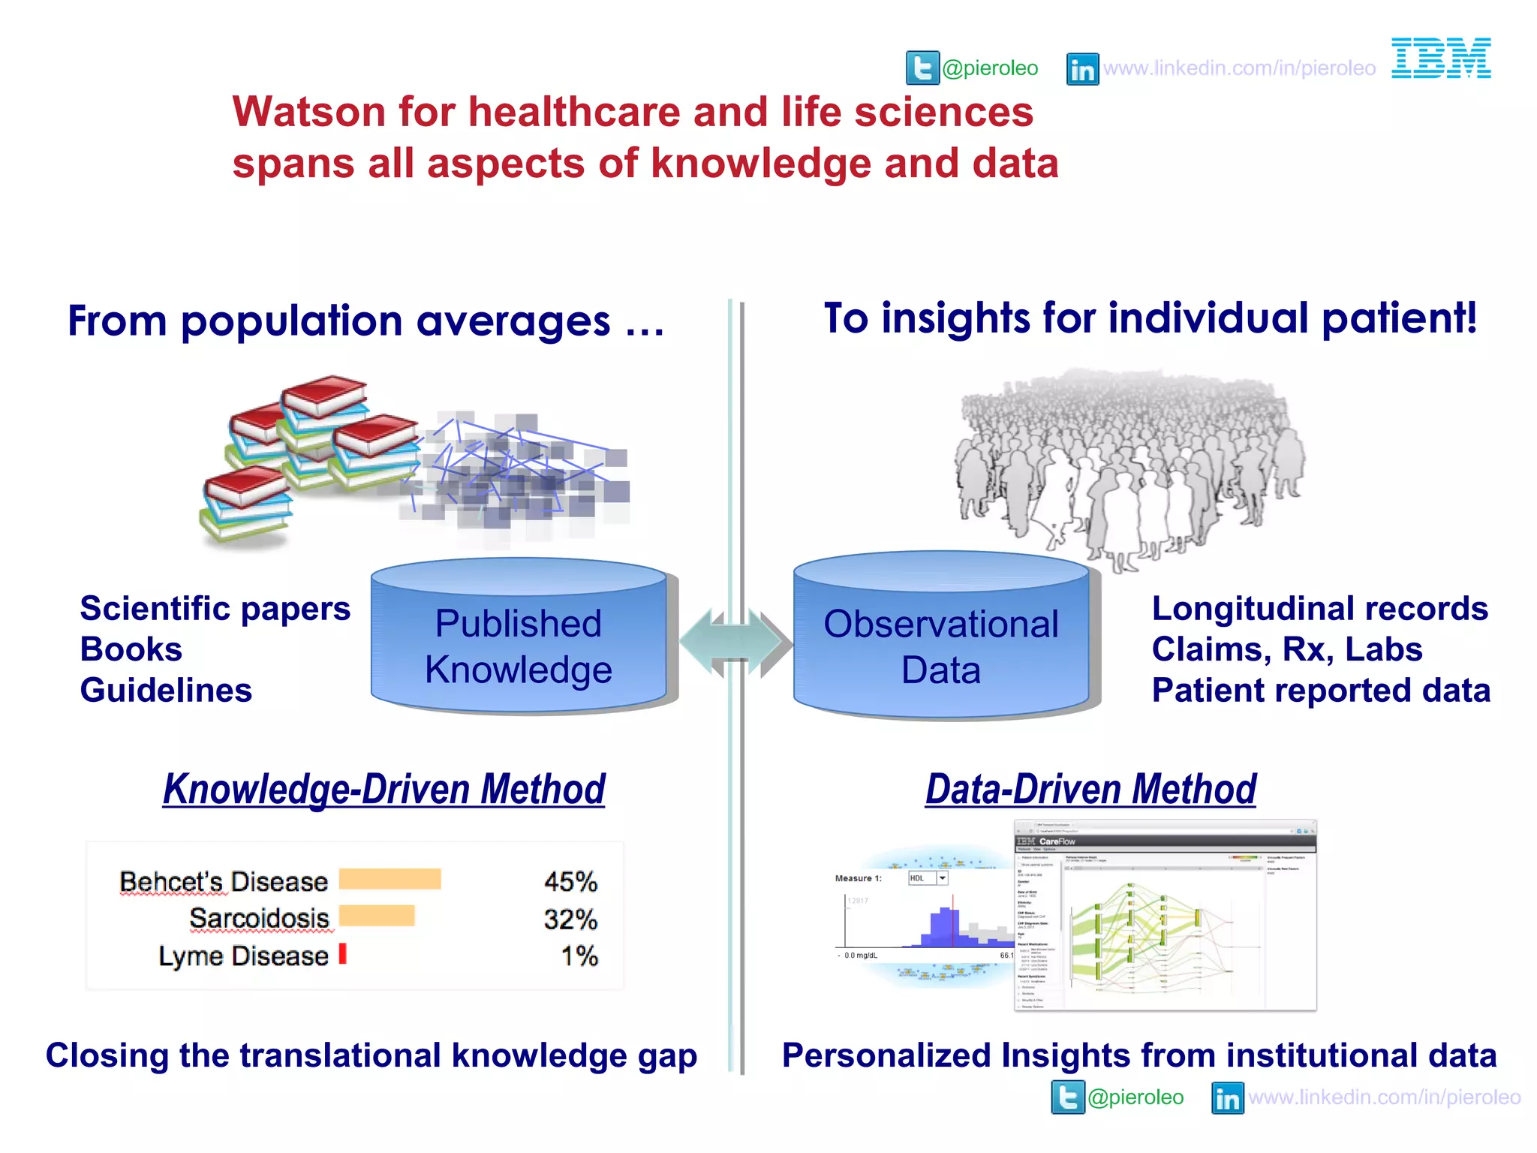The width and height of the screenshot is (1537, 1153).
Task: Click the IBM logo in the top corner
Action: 1441,59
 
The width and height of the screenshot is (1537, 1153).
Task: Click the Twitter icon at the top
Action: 922,68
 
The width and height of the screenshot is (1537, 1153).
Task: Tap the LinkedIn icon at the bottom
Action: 1228,1098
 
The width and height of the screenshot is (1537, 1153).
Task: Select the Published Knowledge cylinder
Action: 519,638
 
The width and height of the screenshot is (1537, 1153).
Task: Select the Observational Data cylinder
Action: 941,638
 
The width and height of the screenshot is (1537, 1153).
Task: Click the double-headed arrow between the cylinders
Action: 735,643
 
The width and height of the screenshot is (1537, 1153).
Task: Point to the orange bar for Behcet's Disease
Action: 390,880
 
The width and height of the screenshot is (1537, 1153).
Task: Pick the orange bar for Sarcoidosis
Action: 377,917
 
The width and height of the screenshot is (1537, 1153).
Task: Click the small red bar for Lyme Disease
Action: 343,954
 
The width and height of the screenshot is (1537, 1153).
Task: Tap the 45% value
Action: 570,881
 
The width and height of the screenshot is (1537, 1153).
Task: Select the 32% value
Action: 570,919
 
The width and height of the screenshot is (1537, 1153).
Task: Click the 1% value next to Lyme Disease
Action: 579,956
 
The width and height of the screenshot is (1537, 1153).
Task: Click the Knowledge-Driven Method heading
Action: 383,790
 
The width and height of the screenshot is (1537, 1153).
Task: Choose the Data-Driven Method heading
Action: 1090,790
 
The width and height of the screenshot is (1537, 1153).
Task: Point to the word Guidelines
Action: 166,691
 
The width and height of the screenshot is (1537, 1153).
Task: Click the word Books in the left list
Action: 131,649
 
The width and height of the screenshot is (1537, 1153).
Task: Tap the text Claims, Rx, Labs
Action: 1287,649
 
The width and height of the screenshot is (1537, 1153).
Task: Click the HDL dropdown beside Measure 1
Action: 928,878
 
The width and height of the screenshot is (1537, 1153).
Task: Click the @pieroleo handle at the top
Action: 990,68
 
